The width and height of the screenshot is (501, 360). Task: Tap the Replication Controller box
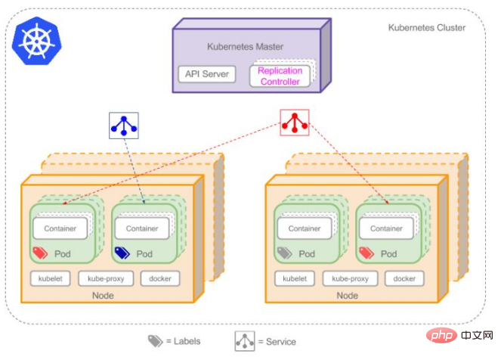point(280,76)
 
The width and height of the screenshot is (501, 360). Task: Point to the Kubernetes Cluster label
point(427,28)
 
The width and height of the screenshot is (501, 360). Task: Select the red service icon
point(294,123)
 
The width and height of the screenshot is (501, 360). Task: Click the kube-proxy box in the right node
point(350,278)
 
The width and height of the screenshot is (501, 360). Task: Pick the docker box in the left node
point(160,278)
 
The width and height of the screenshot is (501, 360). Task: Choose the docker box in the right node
point(404,278)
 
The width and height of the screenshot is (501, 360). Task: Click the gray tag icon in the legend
point(155,340)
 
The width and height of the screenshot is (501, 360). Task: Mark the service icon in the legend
point(244,340)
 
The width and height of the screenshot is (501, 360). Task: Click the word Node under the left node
point(103,296)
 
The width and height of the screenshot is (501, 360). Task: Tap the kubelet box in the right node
point(294,278)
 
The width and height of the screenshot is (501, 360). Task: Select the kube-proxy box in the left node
point(106,278)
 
